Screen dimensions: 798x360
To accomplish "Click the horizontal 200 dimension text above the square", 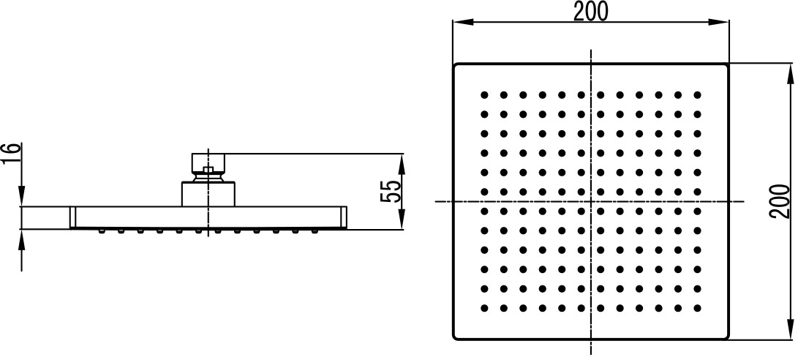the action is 590,12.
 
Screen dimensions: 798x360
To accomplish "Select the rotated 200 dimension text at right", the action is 780,202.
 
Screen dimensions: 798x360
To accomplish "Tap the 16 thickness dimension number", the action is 11,154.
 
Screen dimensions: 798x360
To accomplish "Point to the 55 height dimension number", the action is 391,192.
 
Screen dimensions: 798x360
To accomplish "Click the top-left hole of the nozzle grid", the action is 484,94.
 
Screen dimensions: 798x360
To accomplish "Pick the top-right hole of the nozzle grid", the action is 697,94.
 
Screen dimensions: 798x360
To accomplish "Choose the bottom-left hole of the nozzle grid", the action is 484,308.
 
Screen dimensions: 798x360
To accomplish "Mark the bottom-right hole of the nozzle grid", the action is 697,308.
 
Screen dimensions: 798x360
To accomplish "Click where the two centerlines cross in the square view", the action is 591,202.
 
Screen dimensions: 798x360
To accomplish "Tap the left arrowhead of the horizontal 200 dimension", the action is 463,22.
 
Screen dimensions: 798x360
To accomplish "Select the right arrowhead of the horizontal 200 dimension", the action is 718,22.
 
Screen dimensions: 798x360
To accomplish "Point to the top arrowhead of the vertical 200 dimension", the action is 790,74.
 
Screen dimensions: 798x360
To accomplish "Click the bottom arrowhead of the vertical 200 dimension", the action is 790,329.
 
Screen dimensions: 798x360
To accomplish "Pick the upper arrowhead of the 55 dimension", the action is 402,163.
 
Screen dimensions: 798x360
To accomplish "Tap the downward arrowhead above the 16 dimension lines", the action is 21,197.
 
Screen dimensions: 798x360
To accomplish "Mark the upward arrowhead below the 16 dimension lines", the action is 21,239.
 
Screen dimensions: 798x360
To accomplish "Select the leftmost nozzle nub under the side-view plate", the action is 101,231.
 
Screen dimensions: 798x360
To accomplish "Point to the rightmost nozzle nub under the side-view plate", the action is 315,231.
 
